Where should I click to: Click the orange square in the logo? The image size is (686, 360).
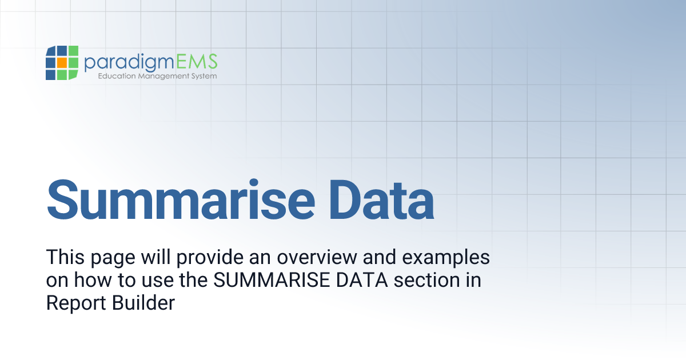(62, 62)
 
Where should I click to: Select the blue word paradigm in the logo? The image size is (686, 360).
(129, 62)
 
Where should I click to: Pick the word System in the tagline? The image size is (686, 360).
(204, 76)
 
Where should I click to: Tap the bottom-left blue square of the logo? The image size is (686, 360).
(51, 74)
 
